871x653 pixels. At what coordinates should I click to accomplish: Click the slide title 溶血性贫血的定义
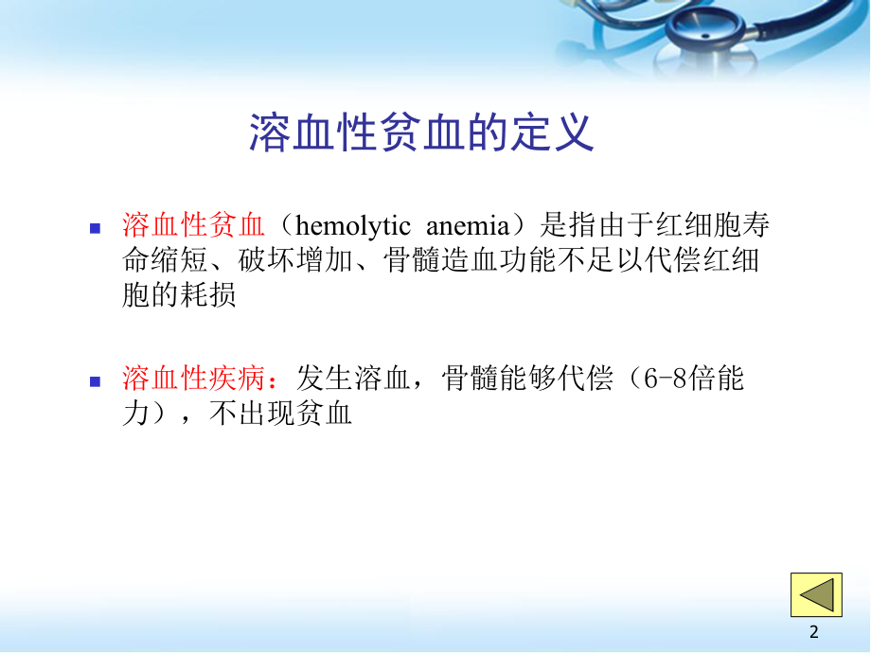pos(421,133)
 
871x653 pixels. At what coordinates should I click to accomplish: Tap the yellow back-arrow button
pos(816,594)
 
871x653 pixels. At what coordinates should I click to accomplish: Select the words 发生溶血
pos(350,379)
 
